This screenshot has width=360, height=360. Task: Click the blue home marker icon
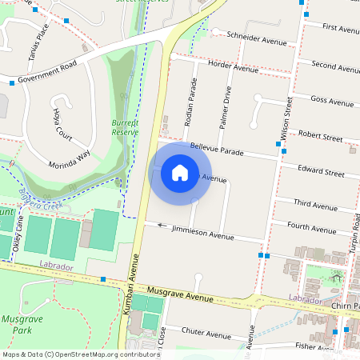(180, 172)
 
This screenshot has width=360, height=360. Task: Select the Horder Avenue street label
(232, 68)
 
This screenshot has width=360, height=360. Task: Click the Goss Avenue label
(331, 101)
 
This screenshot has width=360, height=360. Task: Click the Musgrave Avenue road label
(182, 294)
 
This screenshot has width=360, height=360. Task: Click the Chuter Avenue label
(206, 331)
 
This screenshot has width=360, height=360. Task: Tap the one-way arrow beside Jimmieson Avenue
(163, 225)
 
